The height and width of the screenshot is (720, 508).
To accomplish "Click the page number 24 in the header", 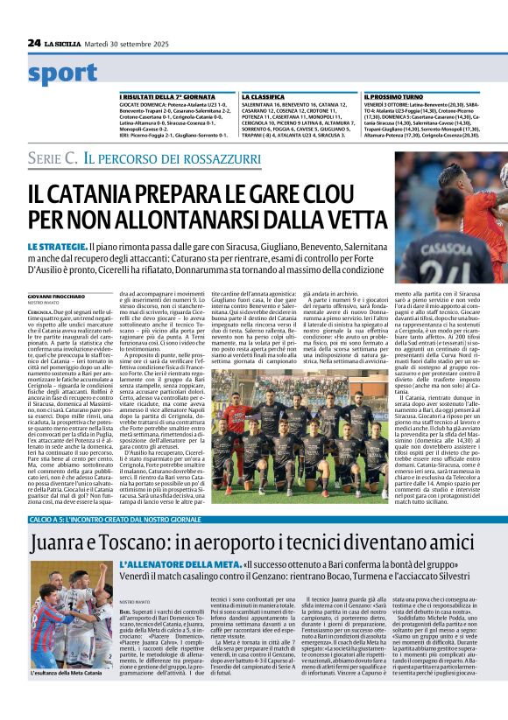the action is pyautogui.click(x=34, y=42).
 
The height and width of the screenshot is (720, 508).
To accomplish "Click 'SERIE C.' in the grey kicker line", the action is pyautogui.click(x=53, y=158).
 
